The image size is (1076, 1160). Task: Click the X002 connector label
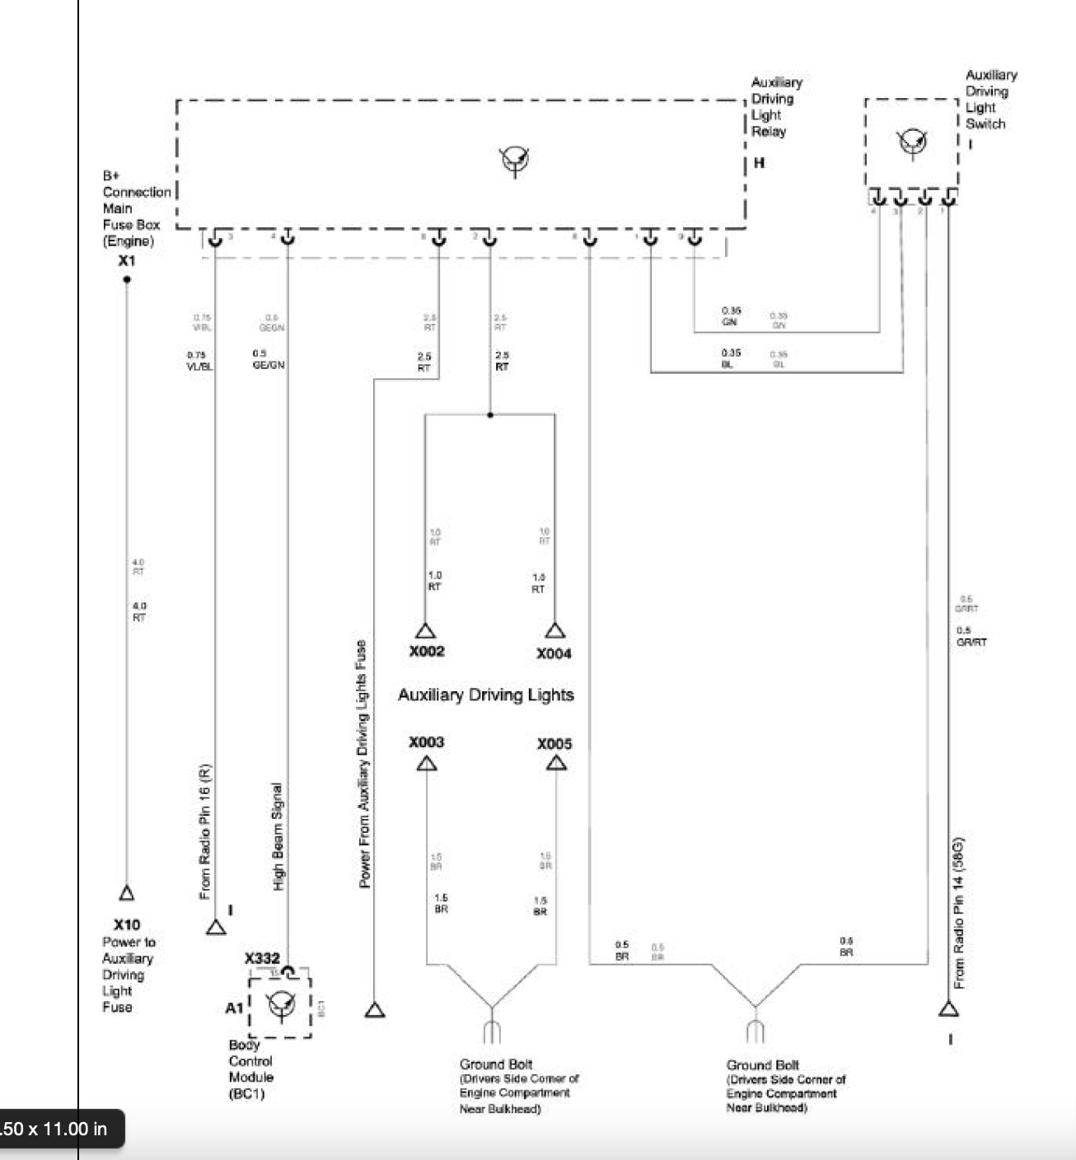[x=426, y=651]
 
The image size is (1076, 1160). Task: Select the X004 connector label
[x=554, y=653]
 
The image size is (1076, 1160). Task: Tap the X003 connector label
[x=426, y=741]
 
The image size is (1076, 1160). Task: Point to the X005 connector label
[x=554, y=744]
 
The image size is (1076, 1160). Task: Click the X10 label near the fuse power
[x=127, y=924]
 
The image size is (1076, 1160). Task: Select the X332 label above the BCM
[x=262, y=958]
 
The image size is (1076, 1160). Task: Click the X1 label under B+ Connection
[x=126, y=260]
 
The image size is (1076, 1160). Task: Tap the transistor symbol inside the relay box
[x=516, y=160]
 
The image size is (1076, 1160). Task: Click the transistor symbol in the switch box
[x=912, y=142]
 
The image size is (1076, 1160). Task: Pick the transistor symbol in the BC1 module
[x=280, y=1003]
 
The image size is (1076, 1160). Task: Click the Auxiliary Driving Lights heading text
[x=485, y=695]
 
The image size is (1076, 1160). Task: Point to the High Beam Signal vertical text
[x=278, y=835]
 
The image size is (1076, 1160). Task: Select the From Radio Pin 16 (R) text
[x=205, y=832]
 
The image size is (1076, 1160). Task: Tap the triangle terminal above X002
[x=425, y=632]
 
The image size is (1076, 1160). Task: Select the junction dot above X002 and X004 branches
[x=490, y=415]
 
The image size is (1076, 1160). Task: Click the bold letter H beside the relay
[x=759, y=163]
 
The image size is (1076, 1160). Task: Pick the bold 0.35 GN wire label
[x=731, y=316]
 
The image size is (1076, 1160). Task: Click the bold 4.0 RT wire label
[x=138, y=611]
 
